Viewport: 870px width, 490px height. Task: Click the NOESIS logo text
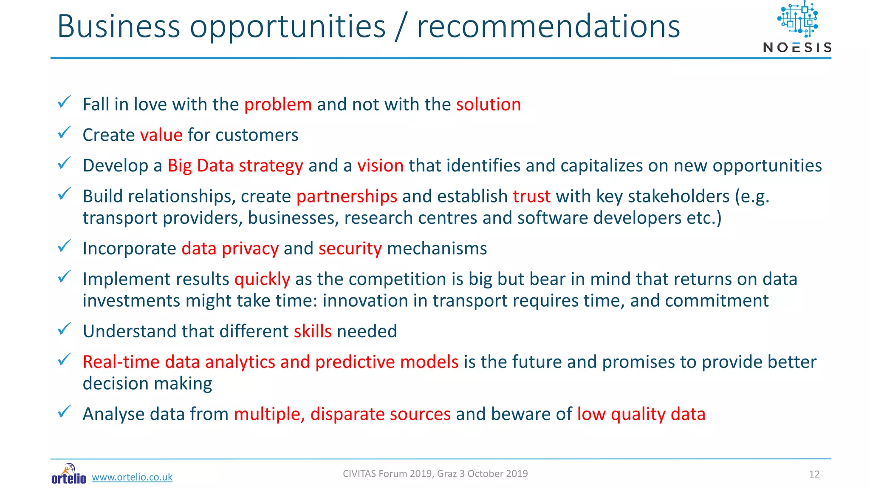click(x=797, y=47)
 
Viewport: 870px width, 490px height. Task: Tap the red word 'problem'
click(x=278, y=105)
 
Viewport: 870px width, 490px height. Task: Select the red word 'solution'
click(x=488, y=105)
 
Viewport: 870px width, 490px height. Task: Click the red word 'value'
click(x=161, y=135)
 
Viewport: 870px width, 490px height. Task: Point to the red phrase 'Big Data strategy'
click(x=235, y=166)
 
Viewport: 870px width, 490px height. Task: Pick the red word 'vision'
click(x=380, y=166)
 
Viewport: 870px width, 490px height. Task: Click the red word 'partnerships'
click(x=347, y=197)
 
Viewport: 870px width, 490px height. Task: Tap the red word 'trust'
click(x=531, y=197)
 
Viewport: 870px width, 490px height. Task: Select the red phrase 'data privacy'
click(x=230, y=249)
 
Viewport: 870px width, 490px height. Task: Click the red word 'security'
click(x=350, y=249)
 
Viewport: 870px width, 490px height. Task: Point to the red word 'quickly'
click(x=262, y=279)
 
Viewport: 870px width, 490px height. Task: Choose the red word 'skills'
click(x=313, y=331)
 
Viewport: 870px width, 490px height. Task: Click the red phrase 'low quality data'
click(x=641, y=414)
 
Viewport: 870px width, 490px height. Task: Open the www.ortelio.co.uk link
click(x=132, y=477)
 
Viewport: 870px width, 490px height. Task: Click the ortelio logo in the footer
click(x=68, y=474)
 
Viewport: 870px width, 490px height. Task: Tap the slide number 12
click(x=814, y=474)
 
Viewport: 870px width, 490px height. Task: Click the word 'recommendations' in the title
click(x=548, y=26)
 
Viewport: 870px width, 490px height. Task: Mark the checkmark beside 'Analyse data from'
click(x=64, y=412)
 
